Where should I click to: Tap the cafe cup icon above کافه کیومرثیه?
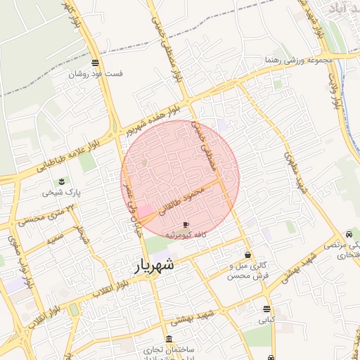(x=186, y=224)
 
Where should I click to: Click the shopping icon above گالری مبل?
(x=247, y=255)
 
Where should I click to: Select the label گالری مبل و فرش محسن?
(x=248, y=271)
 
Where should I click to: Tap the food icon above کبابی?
(x=266, y=309)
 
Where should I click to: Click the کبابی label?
(x=266, y=320)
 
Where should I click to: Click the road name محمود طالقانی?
(x=181, y=200)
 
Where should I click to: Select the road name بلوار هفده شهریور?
(x=163, y=116)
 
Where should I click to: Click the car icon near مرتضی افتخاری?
(x=349, y=234)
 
